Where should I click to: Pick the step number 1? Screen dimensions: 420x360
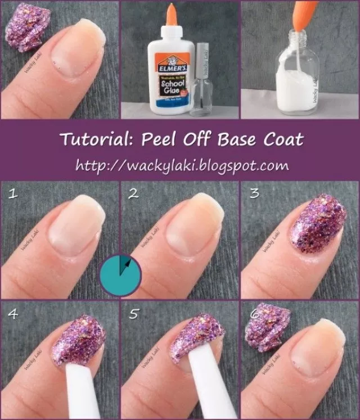(12, 195)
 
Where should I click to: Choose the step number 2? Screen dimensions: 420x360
(133, 195)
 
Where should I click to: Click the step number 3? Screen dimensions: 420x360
(254, 195)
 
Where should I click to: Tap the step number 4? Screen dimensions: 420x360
(12, 313)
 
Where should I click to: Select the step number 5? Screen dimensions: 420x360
(133, 313)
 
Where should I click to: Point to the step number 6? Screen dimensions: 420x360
(254, 313)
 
